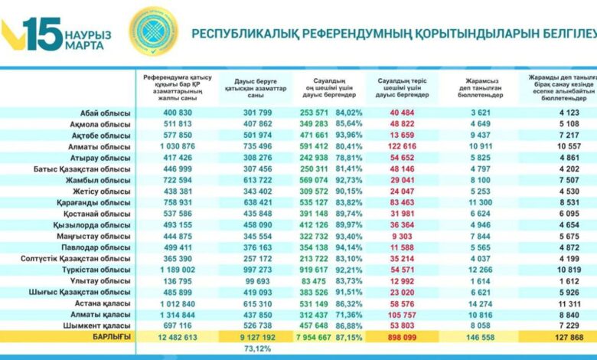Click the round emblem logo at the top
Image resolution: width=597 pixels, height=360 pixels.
click(x=152, y=31)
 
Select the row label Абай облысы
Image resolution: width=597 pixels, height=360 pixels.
click(x=106, y=113)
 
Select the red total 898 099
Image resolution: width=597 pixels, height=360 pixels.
click(x=403, y=338)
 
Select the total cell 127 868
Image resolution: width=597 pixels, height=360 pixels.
click(x=559, y=338)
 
